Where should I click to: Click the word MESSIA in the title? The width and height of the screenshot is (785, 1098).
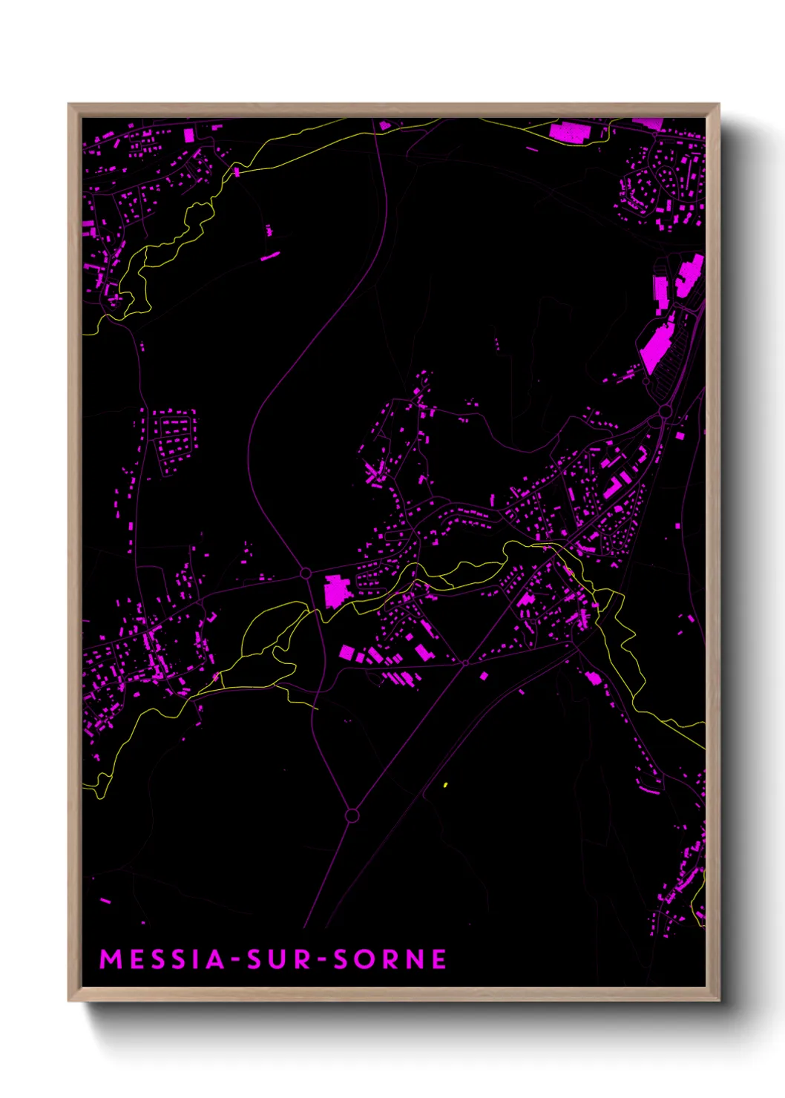pyautogui.click(x=162, y=959)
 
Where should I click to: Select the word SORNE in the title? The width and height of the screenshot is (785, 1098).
pyautogui.click(x=390, y=959)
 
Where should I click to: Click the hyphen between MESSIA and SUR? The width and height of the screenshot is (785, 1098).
pyautogui.click(x=235, y=961)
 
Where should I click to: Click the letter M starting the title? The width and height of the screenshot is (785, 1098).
pyautogui.click(x=111, y=959)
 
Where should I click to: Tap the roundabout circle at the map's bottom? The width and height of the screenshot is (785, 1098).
pyautogui.click(x=352, y=815)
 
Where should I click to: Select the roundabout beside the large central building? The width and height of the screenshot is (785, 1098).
pyautogui.click(x=305, y=573)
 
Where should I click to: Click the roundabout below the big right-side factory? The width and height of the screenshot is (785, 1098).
pyautogui.click(x=665, y=411)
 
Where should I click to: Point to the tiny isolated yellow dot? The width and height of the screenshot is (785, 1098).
pyautogui.click(x=445, y=784)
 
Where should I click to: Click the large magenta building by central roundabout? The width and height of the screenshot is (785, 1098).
pyautogui.click(x=336, y=591)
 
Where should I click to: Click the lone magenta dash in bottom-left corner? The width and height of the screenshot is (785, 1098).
pyautogui.click(x=105, y=901)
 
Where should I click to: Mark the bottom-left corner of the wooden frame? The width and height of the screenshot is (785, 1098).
pyautogui.click(x=70, y=999)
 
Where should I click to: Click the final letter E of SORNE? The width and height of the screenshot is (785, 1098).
pyautogui.click(x=439, y=959)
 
